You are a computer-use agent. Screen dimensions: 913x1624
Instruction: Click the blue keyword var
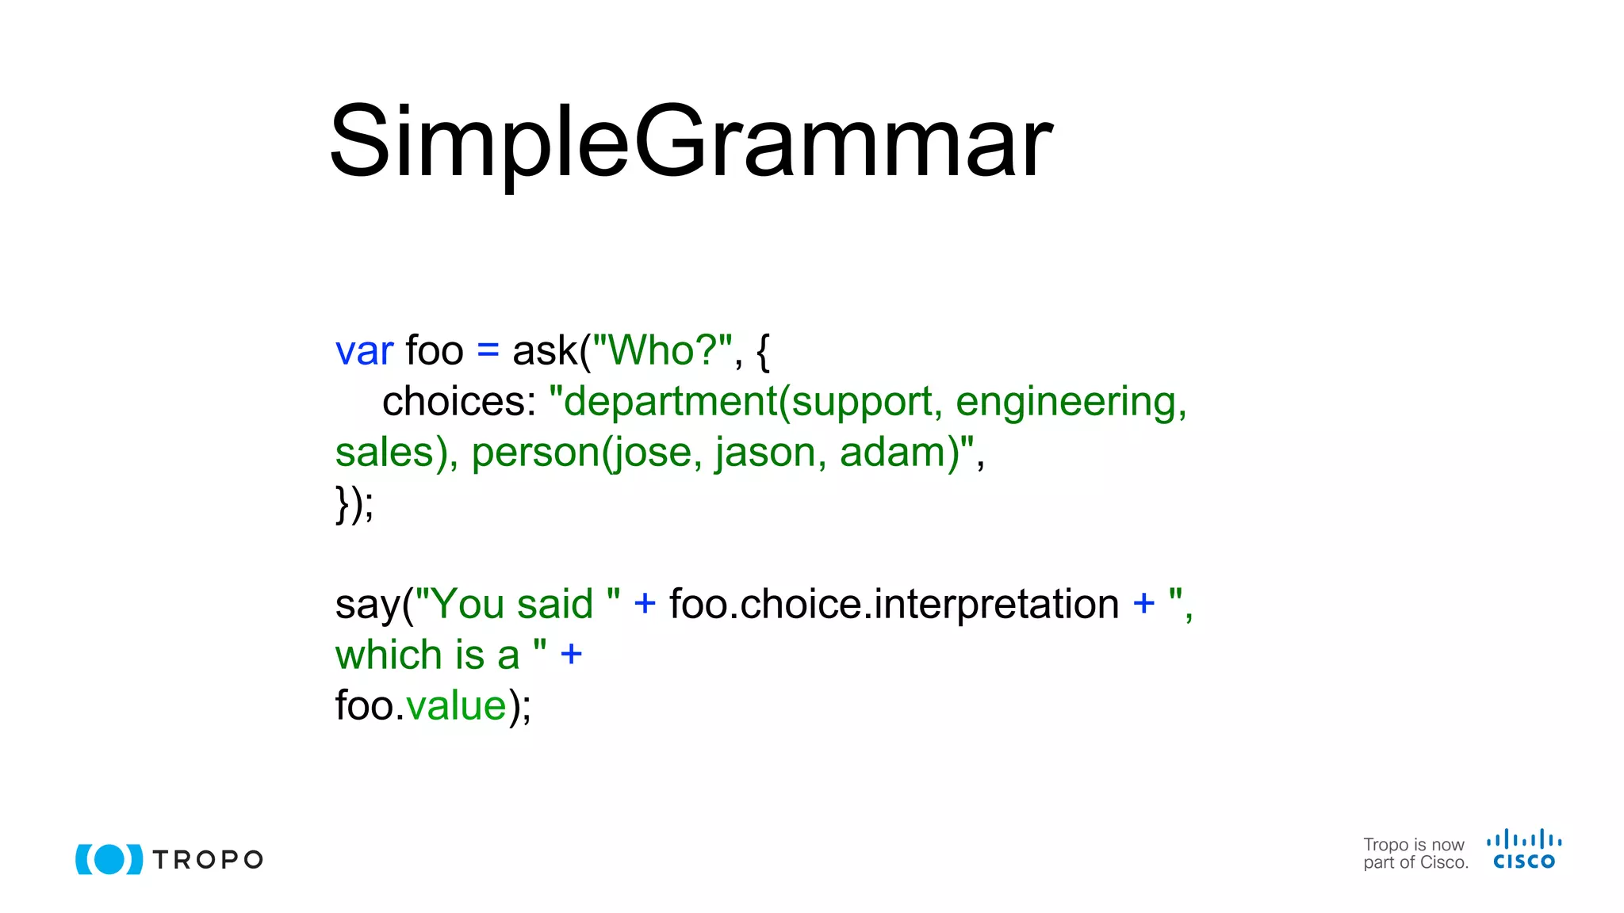tap(364, 351)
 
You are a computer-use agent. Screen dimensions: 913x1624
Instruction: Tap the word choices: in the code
tap(459, 402)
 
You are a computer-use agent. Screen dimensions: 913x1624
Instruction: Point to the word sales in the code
tap(384, 453)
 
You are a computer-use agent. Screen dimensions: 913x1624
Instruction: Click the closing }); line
tap(354, 504)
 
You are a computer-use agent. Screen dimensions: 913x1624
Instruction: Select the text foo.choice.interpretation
tap(894, 605)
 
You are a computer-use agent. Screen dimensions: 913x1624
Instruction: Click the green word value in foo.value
tap(456, 706)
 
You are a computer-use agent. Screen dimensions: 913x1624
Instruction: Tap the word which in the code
tap(388, 655)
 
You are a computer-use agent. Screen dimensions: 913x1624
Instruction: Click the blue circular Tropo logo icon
tap(109, 859)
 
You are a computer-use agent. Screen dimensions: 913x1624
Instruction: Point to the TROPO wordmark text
tap(208, 860)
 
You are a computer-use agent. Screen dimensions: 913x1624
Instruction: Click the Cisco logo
tap(1523, 850)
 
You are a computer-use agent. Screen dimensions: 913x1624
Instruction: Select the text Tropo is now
tap(1413, 845)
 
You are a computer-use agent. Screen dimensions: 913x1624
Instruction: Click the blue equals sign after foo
tap(488, 351)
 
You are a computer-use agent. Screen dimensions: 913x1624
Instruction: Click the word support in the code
tap(861, 402)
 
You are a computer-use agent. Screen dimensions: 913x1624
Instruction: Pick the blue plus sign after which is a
tap(571, 655)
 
